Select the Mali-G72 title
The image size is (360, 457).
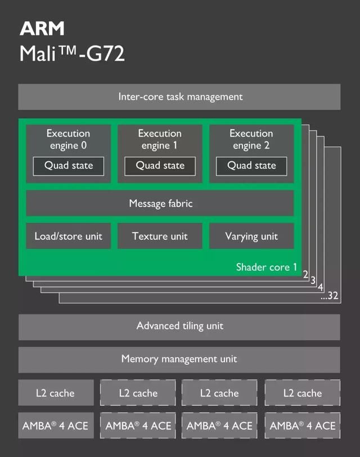(x=72, y=54)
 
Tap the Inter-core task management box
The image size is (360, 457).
(x=179, y=97)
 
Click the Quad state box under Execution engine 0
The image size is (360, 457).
(x=68, y=166)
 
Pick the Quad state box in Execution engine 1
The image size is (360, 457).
(x=160, y=166)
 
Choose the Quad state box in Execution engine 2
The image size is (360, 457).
(x=251, y=166)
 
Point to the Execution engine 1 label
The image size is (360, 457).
(x=160, y=139)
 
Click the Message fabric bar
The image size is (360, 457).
(x=160, y=203)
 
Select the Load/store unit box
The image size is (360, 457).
(x=68, y=236)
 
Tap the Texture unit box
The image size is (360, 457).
(x=160, y=236)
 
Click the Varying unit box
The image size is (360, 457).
(x=251, y=236)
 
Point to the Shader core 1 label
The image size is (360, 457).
(x=266, y=267)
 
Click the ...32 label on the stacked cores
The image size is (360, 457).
(x=330, y=296)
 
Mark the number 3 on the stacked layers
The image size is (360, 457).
(x=313, y=281)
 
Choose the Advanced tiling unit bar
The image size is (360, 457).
(x=179, y=326)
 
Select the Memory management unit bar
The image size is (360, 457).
(x=179, y=359)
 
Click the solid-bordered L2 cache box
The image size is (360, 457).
(x=55, y=393)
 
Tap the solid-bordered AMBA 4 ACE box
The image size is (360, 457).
(x=55, y=426)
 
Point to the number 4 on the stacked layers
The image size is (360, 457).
(x=321, y=288)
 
